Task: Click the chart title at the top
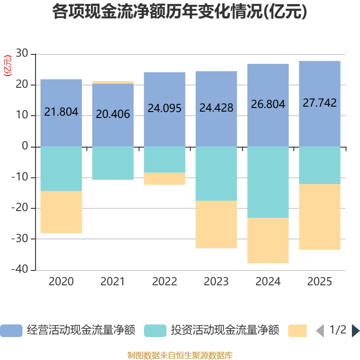180,12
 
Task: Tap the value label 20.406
112,114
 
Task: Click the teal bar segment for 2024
268,182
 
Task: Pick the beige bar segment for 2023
216,224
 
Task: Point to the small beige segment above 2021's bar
112,82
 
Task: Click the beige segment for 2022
164,179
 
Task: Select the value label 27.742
319,103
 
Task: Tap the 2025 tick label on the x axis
319,282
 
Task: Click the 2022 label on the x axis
164,282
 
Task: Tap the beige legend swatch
297,331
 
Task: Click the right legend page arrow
355,331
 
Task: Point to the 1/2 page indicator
337,330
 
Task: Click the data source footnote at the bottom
180,355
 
